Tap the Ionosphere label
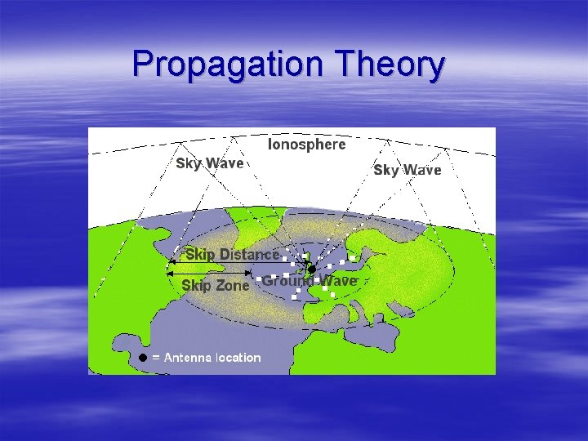pyautogui.click(x=307, y=145)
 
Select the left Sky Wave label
pyautogui.click(x=210, y=163)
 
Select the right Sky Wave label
pyautogui.click(x=407, y=170)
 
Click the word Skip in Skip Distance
pyautogui.click(x=201, y=254)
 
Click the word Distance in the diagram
pyautogui.click(x=249, y=254)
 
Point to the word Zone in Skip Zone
pyautogui.click(x=232, y=285)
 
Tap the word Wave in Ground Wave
pyautogui.click(x=337, y=280)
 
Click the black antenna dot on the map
pyautogui.click(x=311, y=269)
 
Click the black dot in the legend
pyautogui.click(x=142, y=357)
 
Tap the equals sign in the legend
pyautogui.click(x=156, y=358)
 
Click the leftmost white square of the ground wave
pyautogui.click(x=259, y=279)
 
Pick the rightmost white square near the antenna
pyautogui.click(x=353, y=258)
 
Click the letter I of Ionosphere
pyautogui.click(x=271, y=145)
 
